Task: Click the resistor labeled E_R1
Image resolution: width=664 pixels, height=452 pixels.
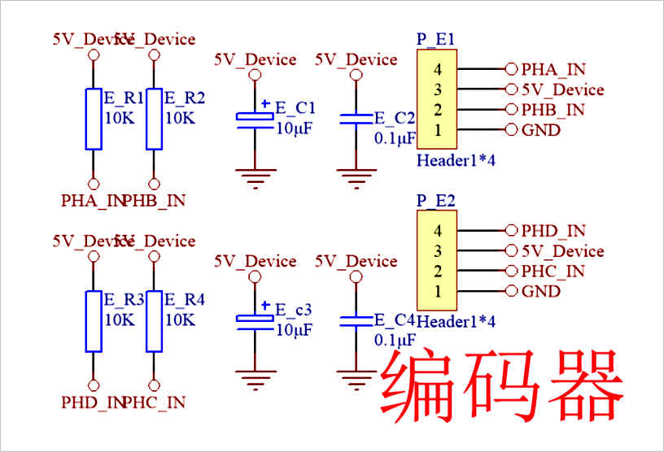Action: tap(94, 120)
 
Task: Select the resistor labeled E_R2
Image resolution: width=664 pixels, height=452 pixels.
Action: tap(154, 120)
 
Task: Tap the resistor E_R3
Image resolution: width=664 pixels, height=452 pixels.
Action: tap(94, 321)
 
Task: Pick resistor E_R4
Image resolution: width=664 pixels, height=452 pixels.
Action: tap(154, 321)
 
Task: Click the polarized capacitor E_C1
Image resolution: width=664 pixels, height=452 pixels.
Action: tap(255, 119)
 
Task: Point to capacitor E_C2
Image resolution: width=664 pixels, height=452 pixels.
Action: tap(355, 120)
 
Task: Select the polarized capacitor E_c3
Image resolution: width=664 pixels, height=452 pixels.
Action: tap(255, 320)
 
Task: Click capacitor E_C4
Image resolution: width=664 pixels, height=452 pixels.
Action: tap(355, 321)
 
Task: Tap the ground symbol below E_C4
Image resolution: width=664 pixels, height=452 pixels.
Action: tap(355, 378)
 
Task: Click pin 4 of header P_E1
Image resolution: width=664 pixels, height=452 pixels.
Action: tap(438, 69)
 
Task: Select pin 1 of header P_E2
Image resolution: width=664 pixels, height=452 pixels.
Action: tap(438, 291)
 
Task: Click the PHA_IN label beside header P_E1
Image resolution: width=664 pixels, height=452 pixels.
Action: tap(553, 70)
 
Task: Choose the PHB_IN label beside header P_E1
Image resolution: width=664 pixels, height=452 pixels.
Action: tap(553, 110)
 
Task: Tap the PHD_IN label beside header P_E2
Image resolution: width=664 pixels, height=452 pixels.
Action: tap(553, 232)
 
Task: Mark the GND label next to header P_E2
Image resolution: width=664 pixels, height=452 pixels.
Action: tap(540, 292)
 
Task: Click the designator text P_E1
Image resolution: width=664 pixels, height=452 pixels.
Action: tap(435, 39)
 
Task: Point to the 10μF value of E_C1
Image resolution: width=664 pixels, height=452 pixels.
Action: tap(294, 128)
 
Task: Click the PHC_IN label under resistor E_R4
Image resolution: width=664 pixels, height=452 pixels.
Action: tap(155, 402)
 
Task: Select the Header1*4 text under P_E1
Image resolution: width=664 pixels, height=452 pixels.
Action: tap(456, 160)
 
